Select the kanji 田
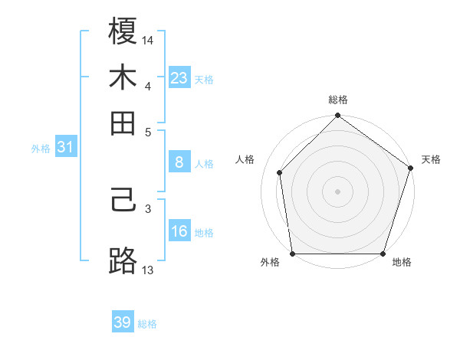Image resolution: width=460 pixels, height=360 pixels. click(123, 122)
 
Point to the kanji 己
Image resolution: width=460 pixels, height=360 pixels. click(123, 204)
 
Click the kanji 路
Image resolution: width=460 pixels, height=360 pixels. click(123, 261)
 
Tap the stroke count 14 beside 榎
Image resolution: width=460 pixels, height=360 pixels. click(148, 39)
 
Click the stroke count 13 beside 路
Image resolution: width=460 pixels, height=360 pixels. click(148, 269)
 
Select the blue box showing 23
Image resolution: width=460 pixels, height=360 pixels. click(179, 77)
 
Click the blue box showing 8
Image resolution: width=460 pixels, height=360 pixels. click(179, 162)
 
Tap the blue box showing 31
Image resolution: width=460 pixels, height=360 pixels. click(65, 148)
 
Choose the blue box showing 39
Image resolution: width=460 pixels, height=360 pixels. click(123, 322)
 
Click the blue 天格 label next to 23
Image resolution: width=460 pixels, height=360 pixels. click(204, 79)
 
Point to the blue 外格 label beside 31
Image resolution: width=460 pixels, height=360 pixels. click(40, 149)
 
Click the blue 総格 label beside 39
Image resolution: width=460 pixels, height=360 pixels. click(147, 324)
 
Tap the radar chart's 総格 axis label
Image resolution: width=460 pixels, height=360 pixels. click(338, 100)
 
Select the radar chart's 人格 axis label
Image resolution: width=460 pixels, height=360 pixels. click(245, 159)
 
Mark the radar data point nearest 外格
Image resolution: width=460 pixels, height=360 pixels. click(293, 253)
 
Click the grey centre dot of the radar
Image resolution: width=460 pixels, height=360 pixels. click(338, 191)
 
